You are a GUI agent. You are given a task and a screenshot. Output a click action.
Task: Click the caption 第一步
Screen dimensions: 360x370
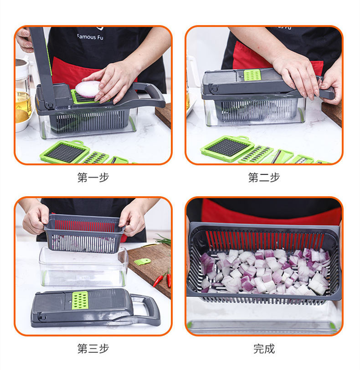point(93,177)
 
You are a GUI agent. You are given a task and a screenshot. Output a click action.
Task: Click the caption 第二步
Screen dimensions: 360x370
point(264,177)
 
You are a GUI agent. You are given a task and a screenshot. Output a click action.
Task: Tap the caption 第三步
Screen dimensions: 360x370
point(93,349)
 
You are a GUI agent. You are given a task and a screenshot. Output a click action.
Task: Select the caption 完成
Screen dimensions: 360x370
point(264,349)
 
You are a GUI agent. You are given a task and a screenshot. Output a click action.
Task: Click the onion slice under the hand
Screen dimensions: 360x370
point(87,89)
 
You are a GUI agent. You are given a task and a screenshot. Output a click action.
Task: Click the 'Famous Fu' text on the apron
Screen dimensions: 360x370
point(90,37)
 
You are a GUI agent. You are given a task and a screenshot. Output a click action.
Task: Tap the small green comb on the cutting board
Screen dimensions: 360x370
point(142,261)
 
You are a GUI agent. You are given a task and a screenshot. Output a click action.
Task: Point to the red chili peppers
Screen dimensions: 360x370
point(163,278)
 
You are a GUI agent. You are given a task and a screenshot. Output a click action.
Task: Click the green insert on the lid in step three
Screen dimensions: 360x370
point(80,300)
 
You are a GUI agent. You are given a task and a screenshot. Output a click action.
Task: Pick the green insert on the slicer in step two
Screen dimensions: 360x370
point(252,75)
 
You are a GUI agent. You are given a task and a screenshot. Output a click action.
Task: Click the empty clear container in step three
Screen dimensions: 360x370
point(84,266)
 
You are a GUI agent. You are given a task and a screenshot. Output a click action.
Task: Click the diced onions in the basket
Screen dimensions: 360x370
point(265,271)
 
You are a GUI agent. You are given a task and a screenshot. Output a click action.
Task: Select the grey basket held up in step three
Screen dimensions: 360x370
point(84,233)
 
